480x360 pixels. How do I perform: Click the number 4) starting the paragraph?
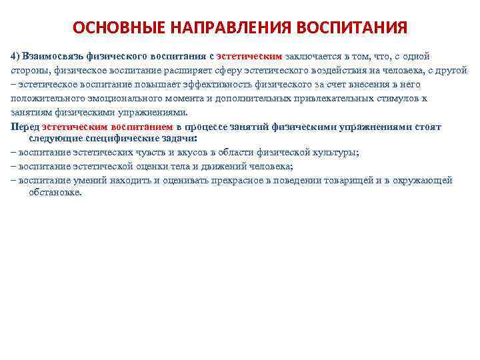16,57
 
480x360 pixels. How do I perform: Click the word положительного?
44,98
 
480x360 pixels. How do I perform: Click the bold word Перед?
25,127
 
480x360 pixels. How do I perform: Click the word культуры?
335,153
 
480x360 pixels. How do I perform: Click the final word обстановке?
55,192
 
